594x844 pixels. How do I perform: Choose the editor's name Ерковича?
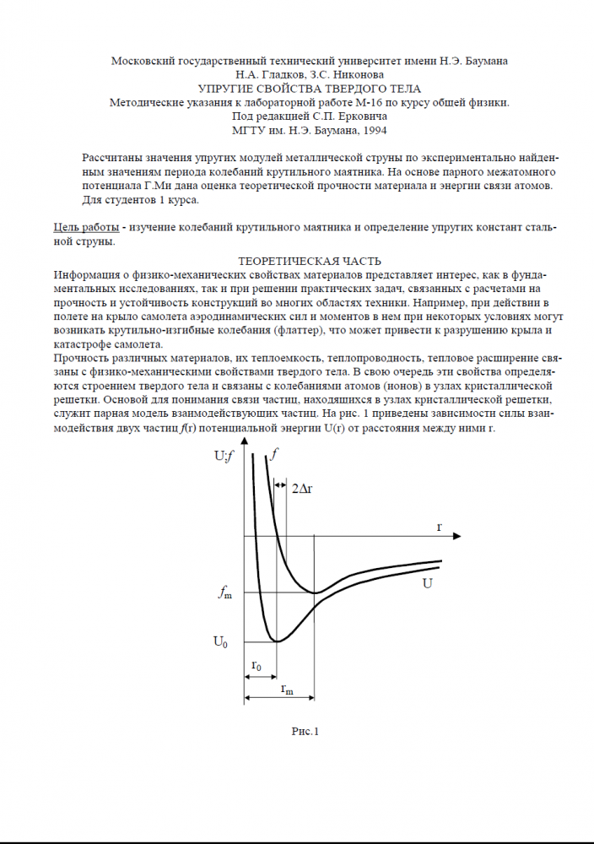[361, 116]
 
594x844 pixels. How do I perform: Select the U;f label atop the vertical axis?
[225, 456]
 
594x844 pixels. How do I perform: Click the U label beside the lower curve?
[427, 583]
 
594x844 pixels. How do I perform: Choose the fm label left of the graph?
[224, 593]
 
